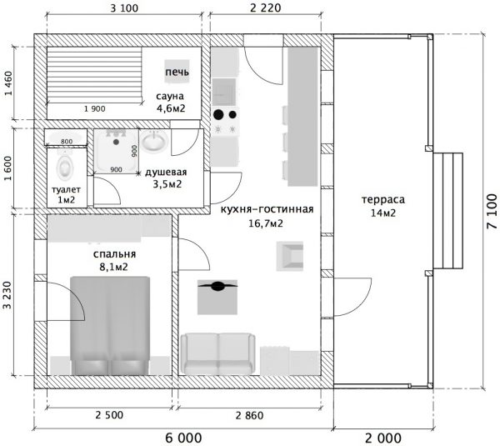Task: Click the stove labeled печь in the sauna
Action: pyautogui.click(x=177, y=72)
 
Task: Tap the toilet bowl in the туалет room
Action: pyautogui.click(x=65, y=167)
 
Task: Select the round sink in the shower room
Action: pyautogui.click(x=154, y=141)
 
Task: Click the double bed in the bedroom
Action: pyautogui.click(x=110, y=325)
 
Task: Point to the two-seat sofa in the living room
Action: pyautogui.click(x=218, y=353)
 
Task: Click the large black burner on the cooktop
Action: pyautogui.click(x=218, y=114)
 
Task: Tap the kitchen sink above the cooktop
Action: pyautogui.click(x=224, y=92)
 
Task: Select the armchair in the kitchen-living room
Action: pyautogui.click(x=290, y=256)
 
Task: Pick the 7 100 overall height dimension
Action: pyautogui.click(x=492, y=211)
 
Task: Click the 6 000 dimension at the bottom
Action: pyautogui.click(x=183, y=438)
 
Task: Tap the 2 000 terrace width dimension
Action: pyautogui.click(x=383, y=438)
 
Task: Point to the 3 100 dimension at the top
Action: pyautogui.click(x=124, y=8)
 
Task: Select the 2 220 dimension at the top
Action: pyautogui.click(x=266, y=8)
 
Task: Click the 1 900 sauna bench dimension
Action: pyautogui.click(x=95, y=108)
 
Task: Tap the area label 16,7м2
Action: pyautogui.click(x=266, y=223)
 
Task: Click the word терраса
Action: pyautogui.click(x=383, y=200)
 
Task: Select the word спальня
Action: pyautogui.click(x=114, y=254)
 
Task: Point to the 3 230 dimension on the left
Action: pyautogui.click(x=7, y=295)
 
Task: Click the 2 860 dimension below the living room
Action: pyautogui.click(x=250, y=415)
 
